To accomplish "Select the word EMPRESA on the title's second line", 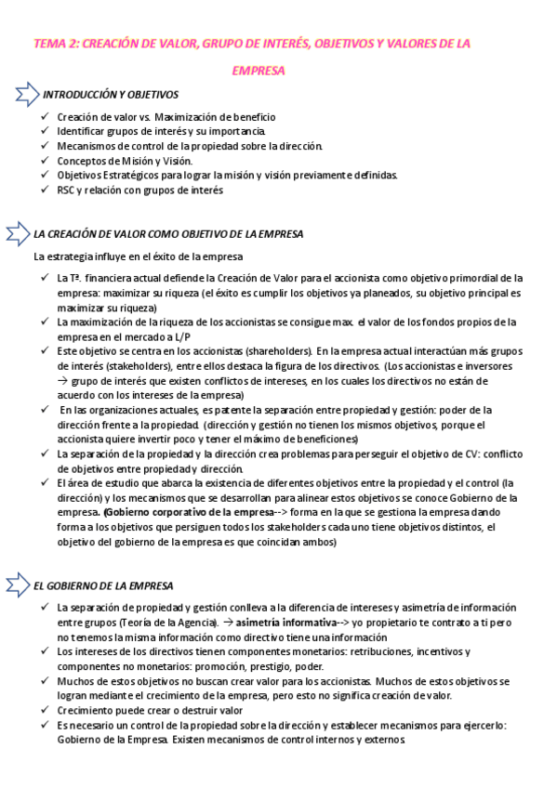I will [x=258, y=71].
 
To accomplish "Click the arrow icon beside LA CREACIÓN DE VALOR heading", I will [x=19, y=234].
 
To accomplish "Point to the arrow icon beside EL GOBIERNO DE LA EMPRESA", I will [x=19, y=585].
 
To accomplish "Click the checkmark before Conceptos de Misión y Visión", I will [x=46, y=161].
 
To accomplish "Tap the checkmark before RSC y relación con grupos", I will [x=46, y=190].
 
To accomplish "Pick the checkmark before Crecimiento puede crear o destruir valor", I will [x=46, y=709].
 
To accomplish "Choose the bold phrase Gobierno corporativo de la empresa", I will [x=168, y=512].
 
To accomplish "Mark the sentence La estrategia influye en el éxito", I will [x=139, y=256].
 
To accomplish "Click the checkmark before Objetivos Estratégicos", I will [x=46, y=176].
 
